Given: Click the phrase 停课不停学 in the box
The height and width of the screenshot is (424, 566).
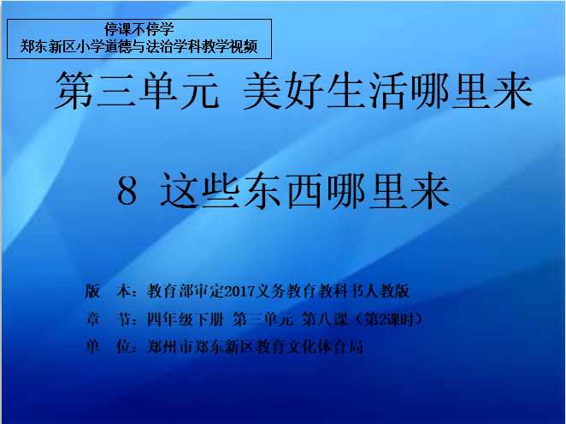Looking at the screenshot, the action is [139, 29].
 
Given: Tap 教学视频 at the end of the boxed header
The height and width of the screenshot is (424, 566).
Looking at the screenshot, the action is [230, 46].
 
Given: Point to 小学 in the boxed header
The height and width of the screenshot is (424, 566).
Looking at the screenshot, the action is [91, 46].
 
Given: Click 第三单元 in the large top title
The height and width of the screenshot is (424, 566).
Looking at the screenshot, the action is [137, 90].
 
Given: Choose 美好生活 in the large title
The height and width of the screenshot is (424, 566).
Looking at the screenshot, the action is [327, 90].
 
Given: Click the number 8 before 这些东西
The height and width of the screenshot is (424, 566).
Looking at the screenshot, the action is [127, 191].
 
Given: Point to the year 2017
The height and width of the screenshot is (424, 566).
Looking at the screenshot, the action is [239, 291].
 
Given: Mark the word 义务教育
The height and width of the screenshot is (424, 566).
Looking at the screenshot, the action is [286, 291].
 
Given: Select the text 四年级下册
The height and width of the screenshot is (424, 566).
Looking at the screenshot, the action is [186, 319].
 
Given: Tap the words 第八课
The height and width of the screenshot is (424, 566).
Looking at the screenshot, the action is [325, 319].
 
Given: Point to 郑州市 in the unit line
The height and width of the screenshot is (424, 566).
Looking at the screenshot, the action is [170, 347].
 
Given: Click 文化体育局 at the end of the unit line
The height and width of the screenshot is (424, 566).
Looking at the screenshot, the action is [325, 347].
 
